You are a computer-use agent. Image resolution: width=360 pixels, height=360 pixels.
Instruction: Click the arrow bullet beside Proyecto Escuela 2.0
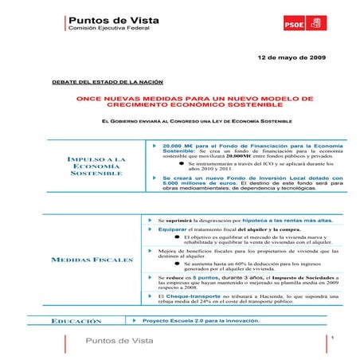tap(135, 320)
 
